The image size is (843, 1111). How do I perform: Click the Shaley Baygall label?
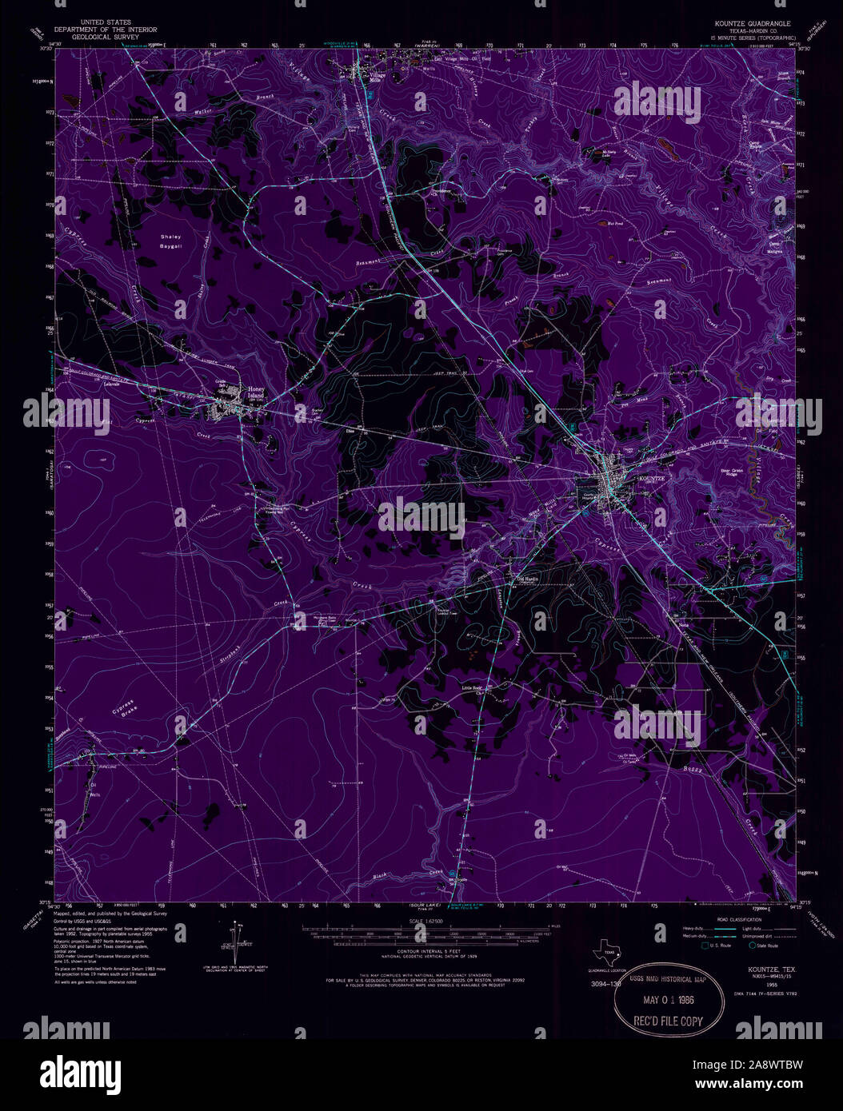tap(171, 241)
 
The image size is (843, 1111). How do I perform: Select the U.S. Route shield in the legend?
tap(705, 946)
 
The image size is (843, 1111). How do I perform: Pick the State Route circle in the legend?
tap(753, 946)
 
